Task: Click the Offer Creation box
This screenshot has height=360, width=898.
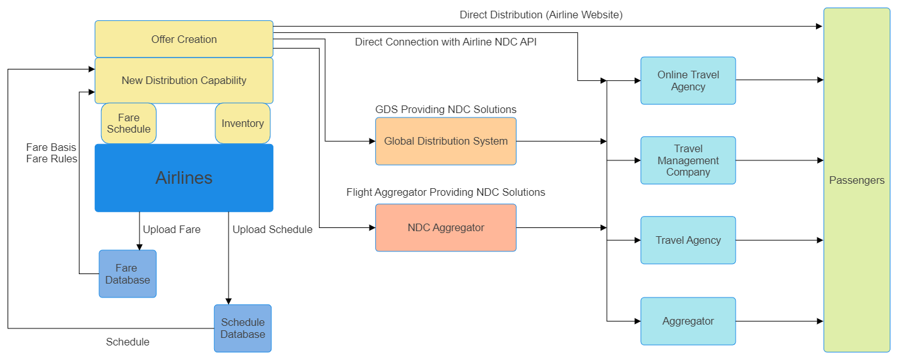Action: (184, 39)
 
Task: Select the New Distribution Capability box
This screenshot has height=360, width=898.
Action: (184, 80)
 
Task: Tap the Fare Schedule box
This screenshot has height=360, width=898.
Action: (129, 123)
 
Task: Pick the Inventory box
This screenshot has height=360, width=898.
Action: (242, 123)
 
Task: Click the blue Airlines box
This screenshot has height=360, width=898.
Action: (184, 177)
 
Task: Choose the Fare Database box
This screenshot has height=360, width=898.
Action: (128, 273)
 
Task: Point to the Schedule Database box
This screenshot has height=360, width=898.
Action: (242, 328)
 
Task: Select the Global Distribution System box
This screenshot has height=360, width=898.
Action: (446, 141)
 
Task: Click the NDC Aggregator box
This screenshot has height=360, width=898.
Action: (446, 227)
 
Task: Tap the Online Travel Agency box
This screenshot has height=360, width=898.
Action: (688, 80)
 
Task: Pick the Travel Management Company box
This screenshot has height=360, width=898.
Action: (688, 160)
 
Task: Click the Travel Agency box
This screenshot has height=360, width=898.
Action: (688, 240)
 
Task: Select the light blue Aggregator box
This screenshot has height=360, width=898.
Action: (688, 321)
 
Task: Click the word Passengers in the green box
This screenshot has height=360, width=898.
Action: (856, 181)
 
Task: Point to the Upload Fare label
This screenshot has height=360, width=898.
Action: (172, 229)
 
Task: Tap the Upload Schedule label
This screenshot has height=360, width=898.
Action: (272, 229)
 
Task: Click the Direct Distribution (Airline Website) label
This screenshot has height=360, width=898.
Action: (541, 15)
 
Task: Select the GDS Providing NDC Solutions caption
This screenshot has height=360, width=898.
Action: (446, 109)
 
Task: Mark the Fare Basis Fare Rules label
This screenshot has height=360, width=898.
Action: (52, 153)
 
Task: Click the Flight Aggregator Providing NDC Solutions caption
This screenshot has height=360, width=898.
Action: (446, 192)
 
